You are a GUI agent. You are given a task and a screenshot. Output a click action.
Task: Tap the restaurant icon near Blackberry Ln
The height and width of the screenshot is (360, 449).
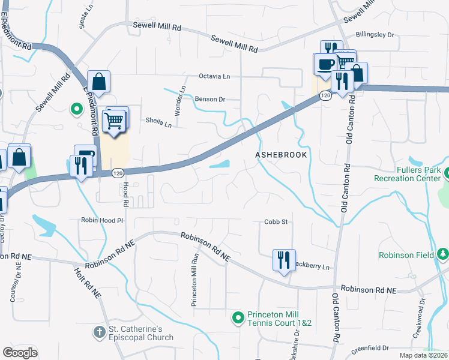click(x=283, y=260)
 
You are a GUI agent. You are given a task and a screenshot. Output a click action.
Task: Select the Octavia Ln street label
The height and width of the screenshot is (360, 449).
click(x=214, y=77)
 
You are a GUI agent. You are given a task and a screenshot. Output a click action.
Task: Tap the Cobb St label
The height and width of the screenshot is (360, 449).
click(x=277, y=221)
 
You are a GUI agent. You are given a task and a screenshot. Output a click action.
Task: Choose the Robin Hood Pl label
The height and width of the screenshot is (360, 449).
click(x=102, y=220)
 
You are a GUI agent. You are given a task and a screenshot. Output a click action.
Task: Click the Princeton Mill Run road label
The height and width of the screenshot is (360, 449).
click(x=194, y=280)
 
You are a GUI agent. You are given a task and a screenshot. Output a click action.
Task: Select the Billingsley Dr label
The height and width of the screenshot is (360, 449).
click(x=375, y=35)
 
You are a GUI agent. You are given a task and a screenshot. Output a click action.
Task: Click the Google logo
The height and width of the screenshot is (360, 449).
click(x=20, y=352)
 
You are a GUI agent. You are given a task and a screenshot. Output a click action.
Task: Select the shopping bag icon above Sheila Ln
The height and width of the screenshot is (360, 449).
click(x=98, y=83)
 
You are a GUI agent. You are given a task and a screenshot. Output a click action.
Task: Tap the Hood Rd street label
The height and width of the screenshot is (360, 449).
click(x=126, y=196)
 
